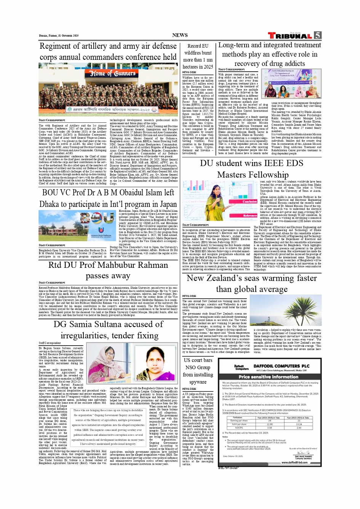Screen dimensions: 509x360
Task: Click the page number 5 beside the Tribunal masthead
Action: pyautogui.click(x=317, y=35)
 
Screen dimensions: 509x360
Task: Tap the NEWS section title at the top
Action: pyautogui.click(x=180, y=35)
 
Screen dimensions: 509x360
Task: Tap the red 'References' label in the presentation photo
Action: pyautogui.click(x=250, y=215)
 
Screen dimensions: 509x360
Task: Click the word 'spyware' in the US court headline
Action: pyautogui.click(x=198, y=382)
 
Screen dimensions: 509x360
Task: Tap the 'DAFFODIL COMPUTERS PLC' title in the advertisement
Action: pyautogui.click(x=282, y=366)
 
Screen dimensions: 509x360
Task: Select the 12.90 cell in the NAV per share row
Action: pyautogui.click(x=269, y=424)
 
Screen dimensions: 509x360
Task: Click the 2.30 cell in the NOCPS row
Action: pyautogui.click(x=269, y=427)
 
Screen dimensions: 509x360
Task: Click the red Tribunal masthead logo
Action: pyautogui.click(x=290, y=35)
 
